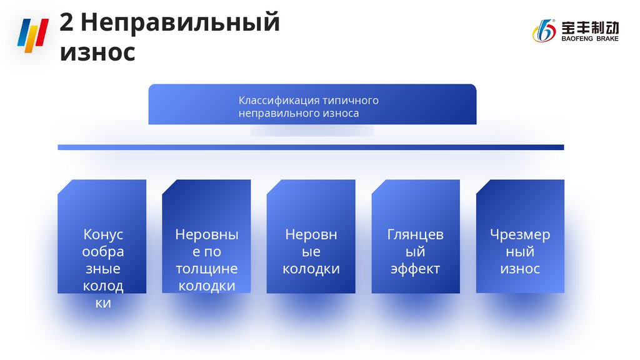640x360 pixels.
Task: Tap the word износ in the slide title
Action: click(x=97, y=52)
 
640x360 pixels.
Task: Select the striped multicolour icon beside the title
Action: click(x=32, y=36)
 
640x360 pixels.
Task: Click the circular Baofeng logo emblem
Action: click(x=543, y=31)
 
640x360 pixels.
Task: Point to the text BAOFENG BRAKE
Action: click(x=589, y=39)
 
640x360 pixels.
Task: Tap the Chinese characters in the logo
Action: click(x=589, y=27)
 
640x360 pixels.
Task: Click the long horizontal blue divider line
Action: click(x=311, y=147)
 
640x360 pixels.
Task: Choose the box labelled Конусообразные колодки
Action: click(x=102, y=236)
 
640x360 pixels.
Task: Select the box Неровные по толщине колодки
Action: click(x=206, y=236)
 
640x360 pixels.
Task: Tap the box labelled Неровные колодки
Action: click(x=311, y=236)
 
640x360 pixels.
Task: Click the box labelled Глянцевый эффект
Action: click(x=416, y=236)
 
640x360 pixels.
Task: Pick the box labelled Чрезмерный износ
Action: click(x=520, y=236)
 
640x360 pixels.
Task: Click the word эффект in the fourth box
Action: click(x=416, y=269)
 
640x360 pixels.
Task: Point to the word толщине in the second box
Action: click(x=206, y=269)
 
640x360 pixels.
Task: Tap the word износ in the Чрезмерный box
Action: click(x=520, y=269)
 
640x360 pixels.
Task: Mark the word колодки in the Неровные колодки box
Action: click(x=311, y=269)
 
